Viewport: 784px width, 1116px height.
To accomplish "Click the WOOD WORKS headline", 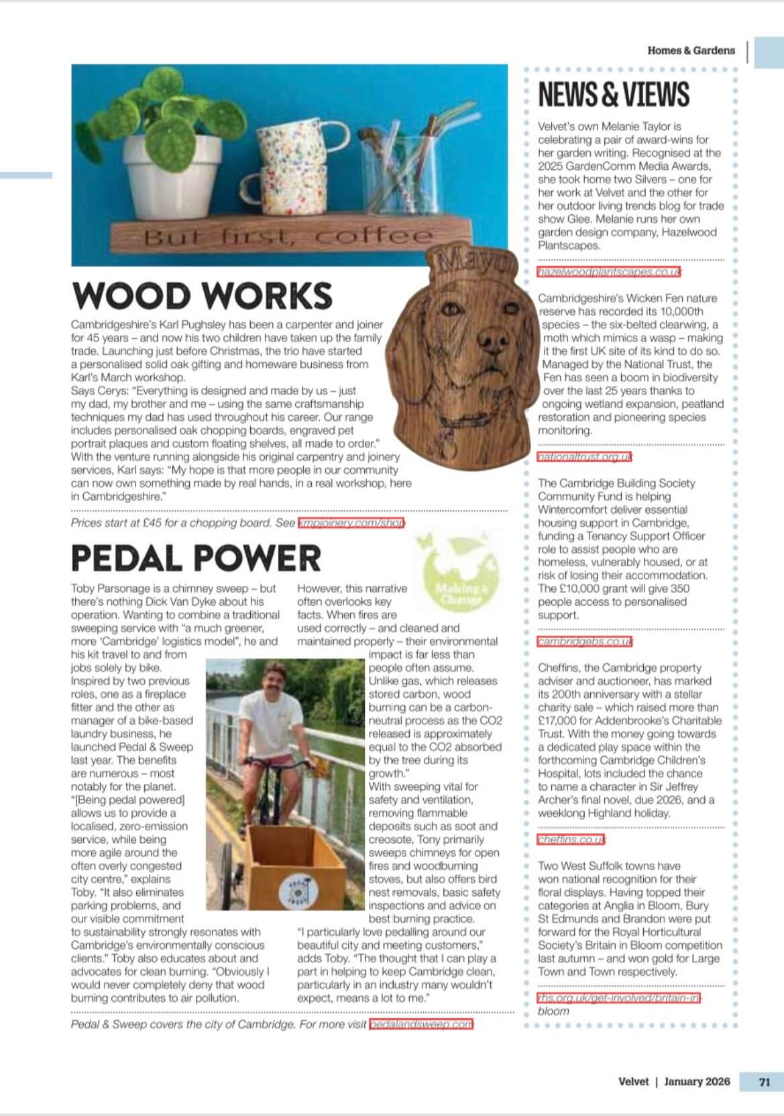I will coord(202,296).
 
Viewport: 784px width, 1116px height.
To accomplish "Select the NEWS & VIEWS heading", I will coord(614,95).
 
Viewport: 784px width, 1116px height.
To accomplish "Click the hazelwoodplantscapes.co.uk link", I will coord(609,272).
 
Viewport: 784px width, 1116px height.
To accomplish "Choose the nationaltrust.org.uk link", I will coord(585,457).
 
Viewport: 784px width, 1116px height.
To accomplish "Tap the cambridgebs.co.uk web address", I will coord(585,642).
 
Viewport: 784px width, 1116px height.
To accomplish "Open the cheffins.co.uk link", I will coord(571,840).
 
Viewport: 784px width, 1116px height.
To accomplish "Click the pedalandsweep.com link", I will coord(421,1024).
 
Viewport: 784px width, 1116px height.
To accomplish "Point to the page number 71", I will coord(764,1081).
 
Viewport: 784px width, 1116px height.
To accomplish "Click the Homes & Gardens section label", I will coord(691,50).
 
